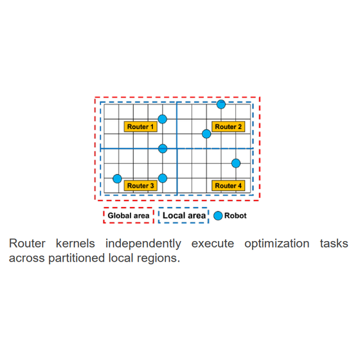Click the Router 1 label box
pos(141,127)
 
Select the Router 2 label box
pos(228,127)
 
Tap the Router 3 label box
pos(141,186)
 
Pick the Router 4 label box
pos(228,186)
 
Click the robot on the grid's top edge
pos(221,104)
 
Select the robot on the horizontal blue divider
pos(163,148)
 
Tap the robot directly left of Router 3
pos(117,179)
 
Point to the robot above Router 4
pos(236,163)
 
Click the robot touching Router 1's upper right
pos(163,119)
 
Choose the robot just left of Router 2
pos(206,134)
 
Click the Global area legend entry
pos(129,215)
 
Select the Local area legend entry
pos(184,215)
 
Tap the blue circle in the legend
pos(218,215)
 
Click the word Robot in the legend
pos(235,215)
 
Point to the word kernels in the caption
pos(75,244)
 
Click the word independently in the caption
pos(143,244)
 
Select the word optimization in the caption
pos(277,244)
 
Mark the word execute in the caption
pos(213,244)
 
